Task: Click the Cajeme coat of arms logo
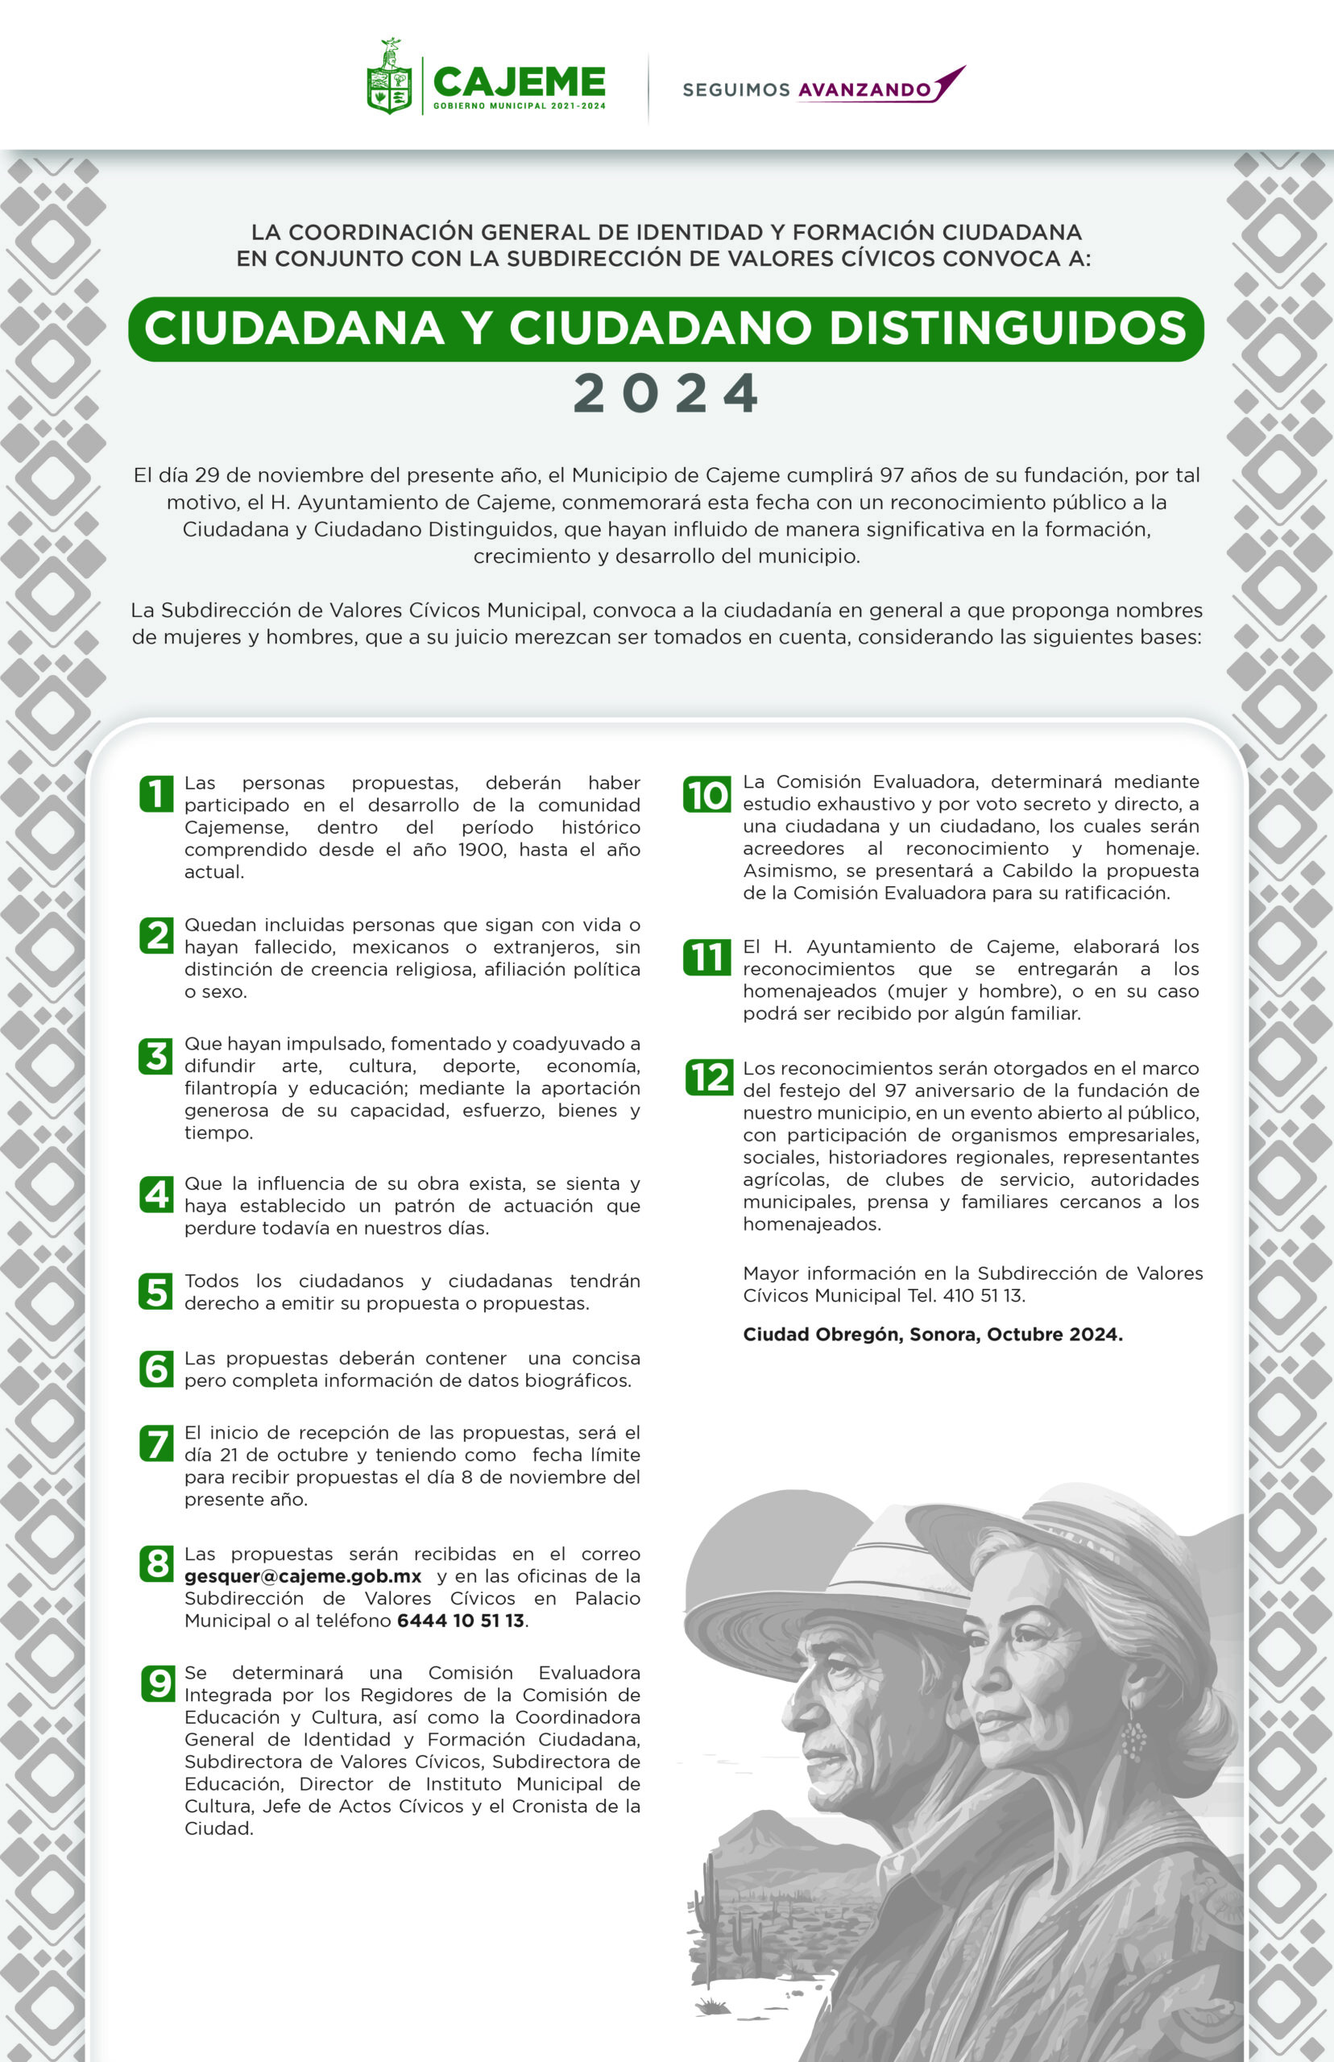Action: coord(389,78)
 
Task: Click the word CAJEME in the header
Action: coord(519,82)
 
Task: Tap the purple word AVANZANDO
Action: coord(864,90)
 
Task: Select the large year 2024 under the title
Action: coord(666,394)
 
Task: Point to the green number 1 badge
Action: coord(156,794)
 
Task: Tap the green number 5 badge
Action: coord(156,1291)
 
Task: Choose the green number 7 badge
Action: coord(156,1443)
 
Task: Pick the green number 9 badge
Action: coord(158,1683)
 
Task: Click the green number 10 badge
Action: coord(706,795)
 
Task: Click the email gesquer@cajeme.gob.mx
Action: coord(303,1576)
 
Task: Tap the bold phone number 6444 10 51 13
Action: coord(461,1621)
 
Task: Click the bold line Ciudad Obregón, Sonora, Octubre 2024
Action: coord(932,1335)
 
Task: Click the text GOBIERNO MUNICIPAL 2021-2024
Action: coord(519,106)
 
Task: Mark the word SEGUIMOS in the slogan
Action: coord(735,90)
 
